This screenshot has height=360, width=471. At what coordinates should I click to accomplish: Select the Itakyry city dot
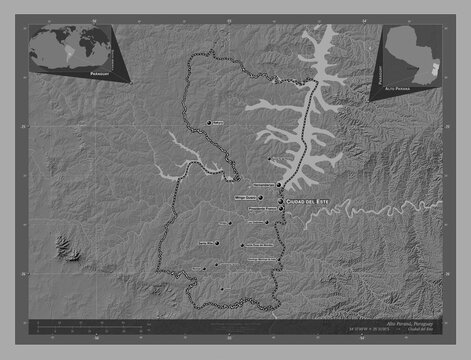click(x=210, y=122)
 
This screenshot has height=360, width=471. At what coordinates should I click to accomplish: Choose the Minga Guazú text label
click(x=245, y=198)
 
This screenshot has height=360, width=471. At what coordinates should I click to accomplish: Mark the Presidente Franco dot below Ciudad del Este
click(x=281, y=210)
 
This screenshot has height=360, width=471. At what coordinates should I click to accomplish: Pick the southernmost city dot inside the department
click(x=222, y=290)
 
